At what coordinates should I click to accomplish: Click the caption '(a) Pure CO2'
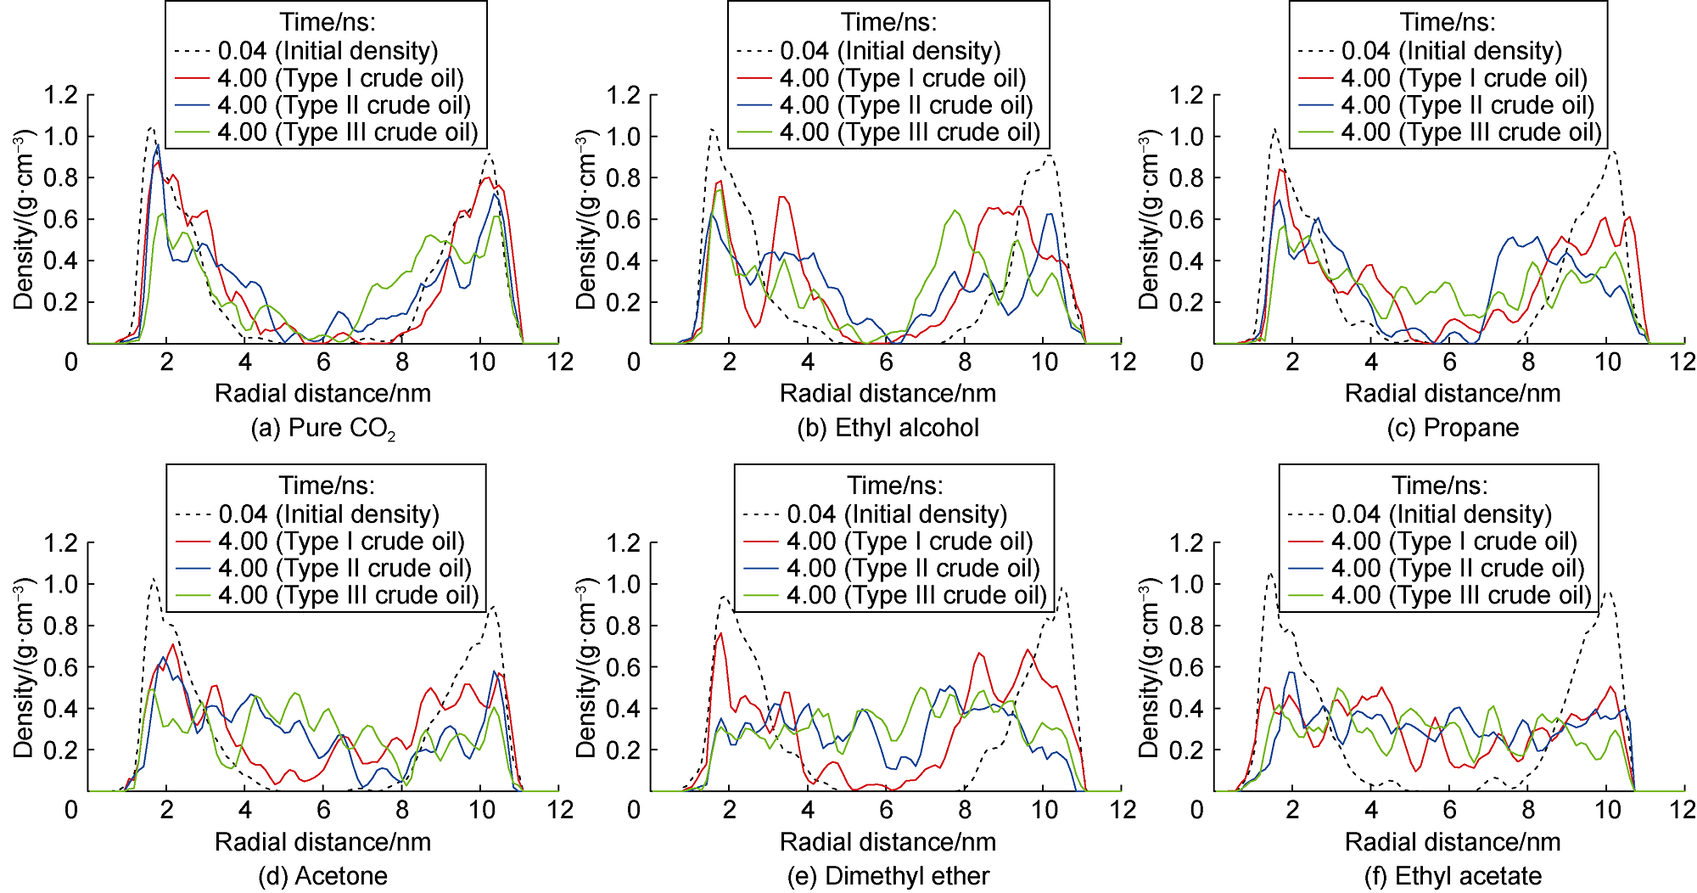[x=322, y=428]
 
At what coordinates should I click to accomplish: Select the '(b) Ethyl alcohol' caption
[x=888, y=428]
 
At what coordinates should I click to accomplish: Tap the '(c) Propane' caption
[x=1453, y=428]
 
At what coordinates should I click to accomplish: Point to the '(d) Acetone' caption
[x=322, y=876]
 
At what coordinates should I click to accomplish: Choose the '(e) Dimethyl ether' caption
[x=888, y=876]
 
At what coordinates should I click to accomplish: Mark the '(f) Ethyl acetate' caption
[x=1453, y=876]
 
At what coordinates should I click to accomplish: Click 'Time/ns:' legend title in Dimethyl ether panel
[x=895, y=486]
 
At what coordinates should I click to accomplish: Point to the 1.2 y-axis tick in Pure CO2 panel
[x=61, y=95]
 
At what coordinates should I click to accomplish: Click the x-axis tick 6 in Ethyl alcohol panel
[x=886, y=362]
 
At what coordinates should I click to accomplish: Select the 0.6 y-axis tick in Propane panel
[x=1186, y=219]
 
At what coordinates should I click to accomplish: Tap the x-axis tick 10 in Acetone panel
[x=481, y=811]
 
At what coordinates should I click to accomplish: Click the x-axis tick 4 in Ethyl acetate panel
[x=1371, y=811]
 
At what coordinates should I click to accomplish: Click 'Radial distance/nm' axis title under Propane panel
[x=1453, y=394]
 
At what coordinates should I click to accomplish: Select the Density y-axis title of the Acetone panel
[x=24, y=667]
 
